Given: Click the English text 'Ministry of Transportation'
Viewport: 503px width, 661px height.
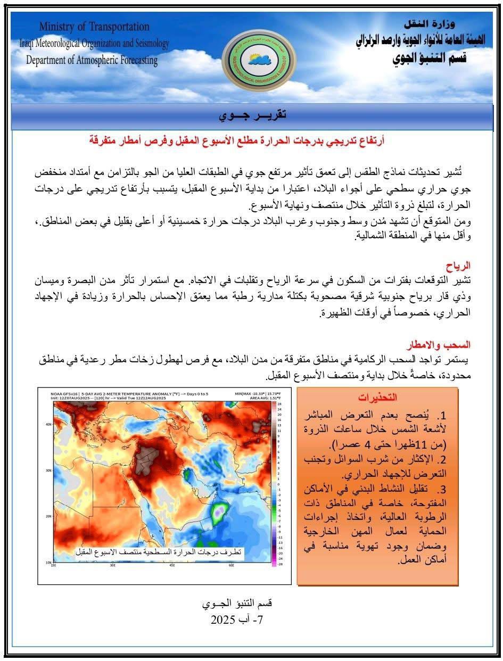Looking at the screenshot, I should (94, 27).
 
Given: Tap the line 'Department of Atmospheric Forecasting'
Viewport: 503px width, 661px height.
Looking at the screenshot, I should (92, 60).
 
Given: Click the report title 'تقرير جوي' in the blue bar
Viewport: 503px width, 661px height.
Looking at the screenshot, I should (252, 115).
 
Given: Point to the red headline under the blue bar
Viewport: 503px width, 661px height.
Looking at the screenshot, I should (237, 141).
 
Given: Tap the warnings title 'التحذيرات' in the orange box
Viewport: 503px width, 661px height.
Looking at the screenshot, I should (378, 398).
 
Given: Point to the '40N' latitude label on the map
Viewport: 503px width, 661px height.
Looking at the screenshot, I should (47, 424).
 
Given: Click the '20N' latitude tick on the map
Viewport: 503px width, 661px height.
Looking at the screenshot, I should (47, 516).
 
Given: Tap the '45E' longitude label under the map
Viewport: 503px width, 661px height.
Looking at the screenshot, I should (172, 565).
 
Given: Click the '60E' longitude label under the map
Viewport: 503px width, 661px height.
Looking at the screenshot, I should (232, 565).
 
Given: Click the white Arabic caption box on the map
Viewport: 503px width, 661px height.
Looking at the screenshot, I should (159, 552).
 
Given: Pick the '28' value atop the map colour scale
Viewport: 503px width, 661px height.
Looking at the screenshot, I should (279, 404).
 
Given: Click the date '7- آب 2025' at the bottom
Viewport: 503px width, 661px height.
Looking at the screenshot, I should (237, 620).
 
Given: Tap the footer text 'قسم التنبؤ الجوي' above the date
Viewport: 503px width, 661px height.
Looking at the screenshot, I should (237, 605).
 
